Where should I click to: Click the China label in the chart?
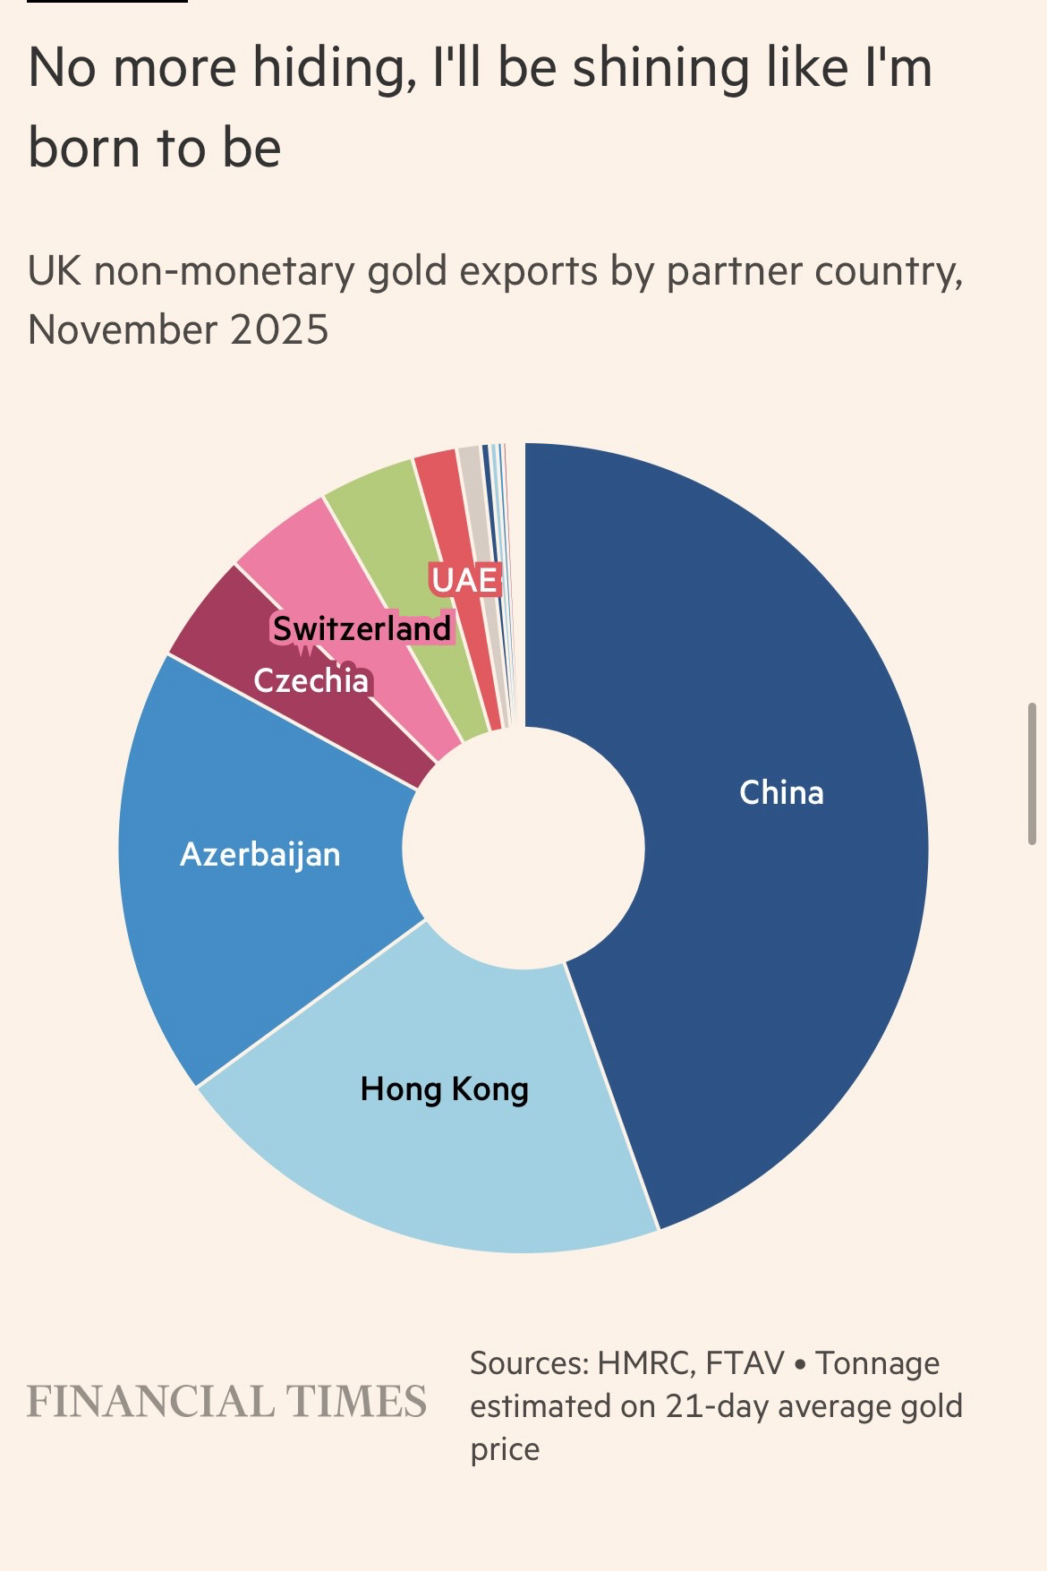click(x=781, y=792)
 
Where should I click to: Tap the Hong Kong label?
click(x=444, y=1089)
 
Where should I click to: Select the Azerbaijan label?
click(x=260, y=854)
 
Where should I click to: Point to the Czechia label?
click(x=311, y=681)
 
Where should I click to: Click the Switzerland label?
click(x=362, y=628)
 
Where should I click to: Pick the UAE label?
click(x=464, y=580)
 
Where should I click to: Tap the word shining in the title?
click(x=660, y=68)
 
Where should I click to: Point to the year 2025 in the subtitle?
click(x=279, y=329)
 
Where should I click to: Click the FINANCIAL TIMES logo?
click(x=226, y=1402)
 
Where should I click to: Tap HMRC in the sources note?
click(x=643, y=1363)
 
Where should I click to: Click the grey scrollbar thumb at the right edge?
click(x=1032, y=773)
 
